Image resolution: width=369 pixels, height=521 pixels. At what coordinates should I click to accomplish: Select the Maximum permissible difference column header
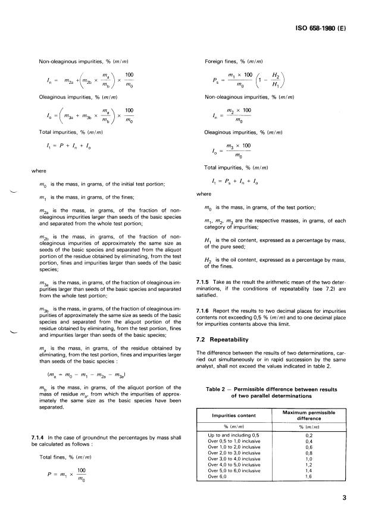[x=308, y=415]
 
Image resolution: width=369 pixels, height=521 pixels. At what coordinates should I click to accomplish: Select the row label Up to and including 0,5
[x=235, y=436]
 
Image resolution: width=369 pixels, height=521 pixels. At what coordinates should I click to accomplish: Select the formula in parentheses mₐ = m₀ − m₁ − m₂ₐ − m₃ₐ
[x=79, y=375]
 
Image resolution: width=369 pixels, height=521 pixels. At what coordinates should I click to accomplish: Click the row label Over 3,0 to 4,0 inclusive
[x=237, y=459]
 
